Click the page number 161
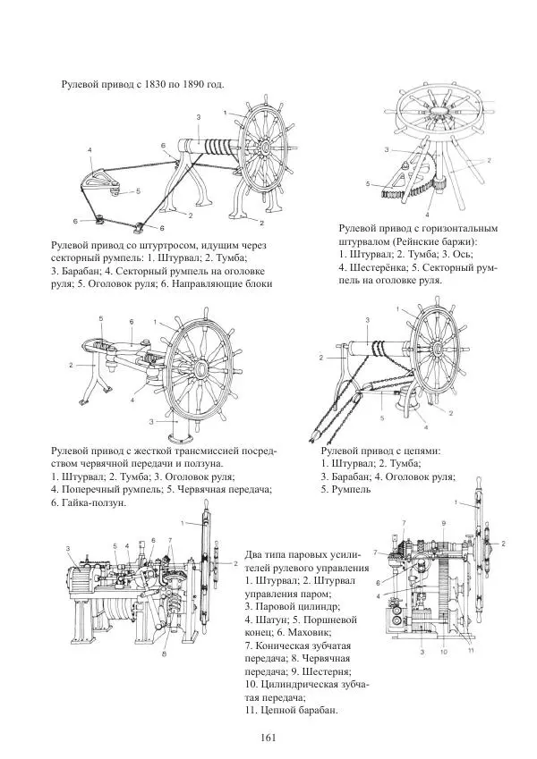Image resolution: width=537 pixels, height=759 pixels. click(x=268, y=738)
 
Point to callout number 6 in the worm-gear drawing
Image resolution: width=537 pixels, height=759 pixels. click(x=131, y=321)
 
